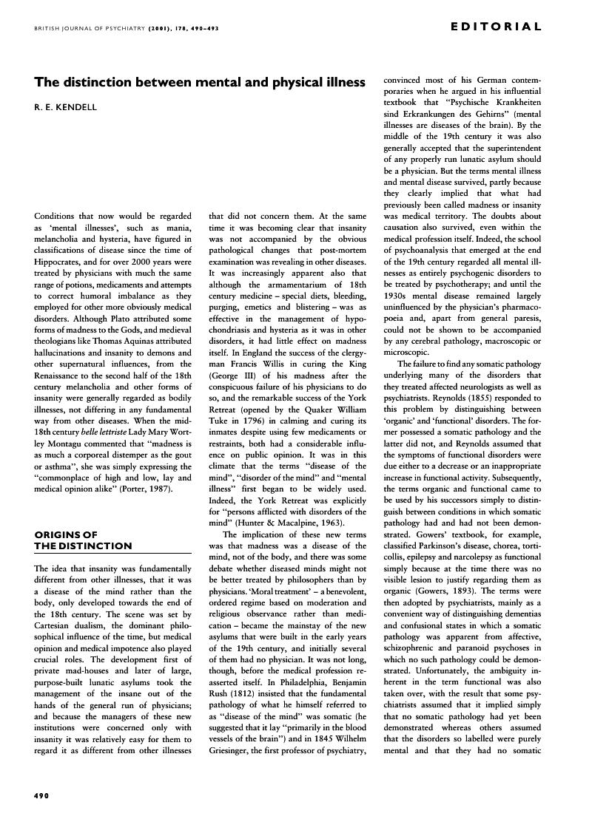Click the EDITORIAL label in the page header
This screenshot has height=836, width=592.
[x=496, y=27]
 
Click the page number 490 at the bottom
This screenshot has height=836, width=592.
[x=41, y=795]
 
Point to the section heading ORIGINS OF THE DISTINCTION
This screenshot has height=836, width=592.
[x=83, y=540]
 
